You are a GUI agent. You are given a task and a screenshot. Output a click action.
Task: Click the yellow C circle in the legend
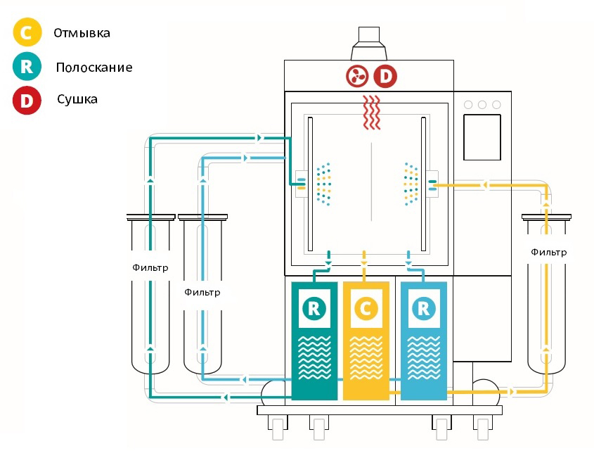click(27, 32)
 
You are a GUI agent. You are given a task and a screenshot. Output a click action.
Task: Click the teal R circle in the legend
click(27, 67)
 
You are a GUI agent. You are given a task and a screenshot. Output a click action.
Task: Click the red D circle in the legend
click(27, 100)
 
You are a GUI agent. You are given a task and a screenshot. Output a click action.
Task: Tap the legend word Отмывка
click(82, 32)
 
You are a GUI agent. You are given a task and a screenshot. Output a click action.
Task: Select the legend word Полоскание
click(95, 68)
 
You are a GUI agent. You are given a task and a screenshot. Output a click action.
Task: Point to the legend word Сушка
click(77, 99)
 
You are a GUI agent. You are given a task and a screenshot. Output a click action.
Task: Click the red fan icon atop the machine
click(356, 75)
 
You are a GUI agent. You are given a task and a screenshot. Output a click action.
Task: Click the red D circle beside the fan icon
click(385, 75)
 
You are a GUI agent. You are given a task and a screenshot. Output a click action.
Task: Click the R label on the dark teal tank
click(314, 307)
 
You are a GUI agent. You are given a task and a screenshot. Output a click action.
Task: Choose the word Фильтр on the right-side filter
click(548, 252)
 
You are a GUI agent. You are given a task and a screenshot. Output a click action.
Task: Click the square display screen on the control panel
click(482, 137)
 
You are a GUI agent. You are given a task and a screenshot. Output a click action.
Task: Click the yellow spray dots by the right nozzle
click(408, 184)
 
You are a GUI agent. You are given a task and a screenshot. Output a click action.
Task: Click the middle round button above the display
click(482, 105)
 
